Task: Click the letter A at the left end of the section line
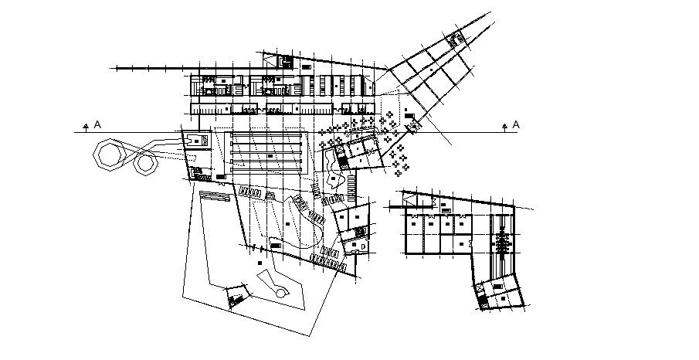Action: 97,124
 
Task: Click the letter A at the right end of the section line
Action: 516,124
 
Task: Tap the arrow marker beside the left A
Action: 84,124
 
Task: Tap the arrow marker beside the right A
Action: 504,124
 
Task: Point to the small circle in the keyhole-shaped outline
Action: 280,293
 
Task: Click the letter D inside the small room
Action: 365,246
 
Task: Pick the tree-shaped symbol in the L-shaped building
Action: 503,242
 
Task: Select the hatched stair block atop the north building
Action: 284,61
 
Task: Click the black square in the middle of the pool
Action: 270,157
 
